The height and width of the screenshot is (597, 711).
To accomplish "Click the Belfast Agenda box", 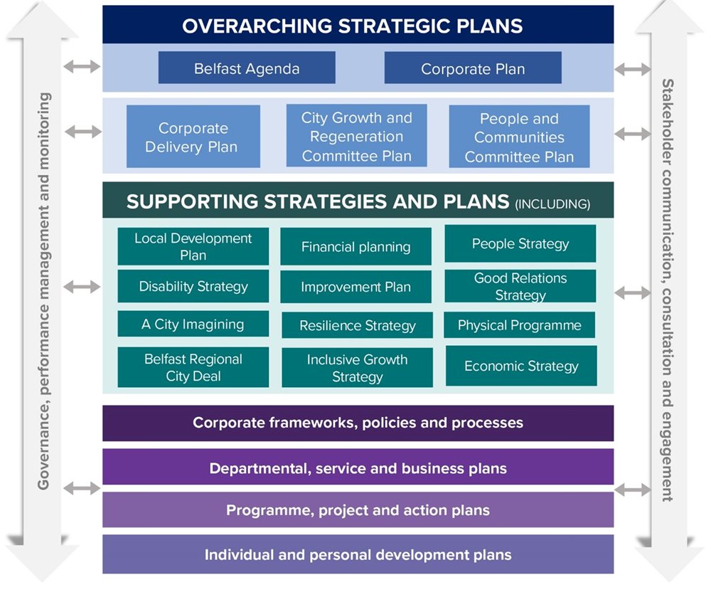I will pos(247,68).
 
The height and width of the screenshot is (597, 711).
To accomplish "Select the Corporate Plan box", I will pos(473,68).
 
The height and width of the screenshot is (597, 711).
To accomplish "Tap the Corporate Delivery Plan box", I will pos(193,137).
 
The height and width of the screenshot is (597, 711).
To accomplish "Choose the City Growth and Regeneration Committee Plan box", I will pos(356,136).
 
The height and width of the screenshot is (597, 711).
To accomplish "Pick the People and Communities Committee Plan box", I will pos(519,137).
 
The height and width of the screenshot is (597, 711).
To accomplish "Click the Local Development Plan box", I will pos(193,246).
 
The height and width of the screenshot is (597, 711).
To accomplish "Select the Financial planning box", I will pos(355,247).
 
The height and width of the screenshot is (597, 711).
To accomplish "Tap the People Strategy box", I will pos(520,244).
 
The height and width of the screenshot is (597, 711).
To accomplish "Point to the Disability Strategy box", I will pos(193,286).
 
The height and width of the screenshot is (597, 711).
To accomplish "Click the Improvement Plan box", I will pos(355,287).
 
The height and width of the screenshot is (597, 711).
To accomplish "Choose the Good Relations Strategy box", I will pos(520,286).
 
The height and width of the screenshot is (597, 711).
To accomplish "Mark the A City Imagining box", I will pos(193,324).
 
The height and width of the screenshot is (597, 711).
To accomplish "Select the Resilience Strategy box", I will pos(357,326).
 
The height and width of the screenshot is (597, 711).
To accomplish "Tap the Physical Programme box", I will pos(520,325).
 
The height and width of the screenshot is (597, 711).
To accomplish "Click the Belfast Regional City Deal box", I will pos(193,367).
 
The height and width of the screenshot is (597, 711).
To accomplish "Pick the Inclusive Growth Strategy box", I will pos(357,368).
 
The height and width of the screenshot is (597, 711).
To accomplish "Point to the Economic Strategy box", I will pos(521,366).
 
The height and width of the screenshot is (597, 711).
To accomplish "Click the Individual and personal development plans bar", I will pos(358,554).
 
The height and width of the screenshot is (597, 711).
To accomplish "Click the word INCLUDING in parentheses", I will pos(552,204).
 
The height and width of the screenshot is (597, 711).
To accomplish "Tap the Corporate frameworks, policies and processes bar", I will pos(358,423).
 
